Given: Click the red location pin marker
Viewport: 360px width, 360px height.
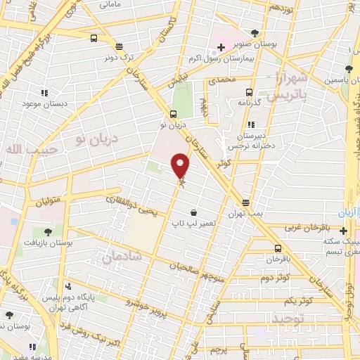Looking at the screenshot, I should tap(181, 165).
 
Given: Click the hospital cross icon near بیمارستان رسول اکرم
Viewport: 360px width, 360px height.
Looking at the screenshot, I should tap(221, 47).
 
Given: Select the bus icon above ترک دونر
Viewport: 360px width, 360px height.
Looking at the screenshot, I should tap(94, 39).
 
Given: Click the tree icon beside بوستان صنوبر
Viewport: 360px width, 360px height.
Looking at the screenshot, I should tap(255, 32).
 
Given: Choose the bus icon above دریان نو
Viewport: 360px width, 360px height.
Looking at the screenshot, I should tap(173, 113).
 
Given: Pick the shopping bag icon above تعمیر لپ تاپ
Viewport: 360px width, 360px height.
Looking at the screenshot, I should tap(193, 212).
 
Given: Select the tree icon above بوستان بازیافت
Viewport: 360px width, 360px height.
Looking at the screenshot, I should tap(48, 231).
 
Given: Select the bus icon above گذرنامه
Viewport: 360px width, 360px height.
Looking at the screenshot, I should tap(249, 92).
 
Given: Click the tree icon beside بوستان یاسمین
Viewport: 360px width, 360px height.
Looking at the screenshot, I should tap(349, 69).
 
